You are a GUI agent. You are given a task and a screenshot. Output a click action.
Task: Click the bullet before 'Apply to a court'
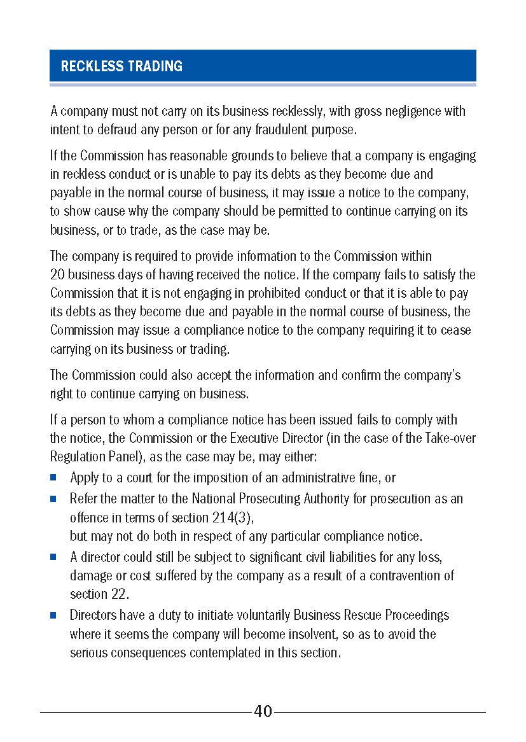[x=54, y=477]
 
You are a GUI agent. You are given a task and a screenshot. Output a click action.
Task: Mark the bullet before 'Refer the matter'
[x=54, y=499]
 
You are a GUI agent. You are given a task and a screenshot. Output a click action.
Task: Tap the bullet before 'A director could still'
[x=54, y=557]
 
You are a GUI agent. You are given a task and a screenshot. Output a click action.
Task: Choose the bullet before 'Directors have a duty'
[x=54, y=615]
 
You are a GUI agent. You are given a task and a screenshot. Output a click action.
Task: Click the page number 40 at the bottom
[x=263, y=711]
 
